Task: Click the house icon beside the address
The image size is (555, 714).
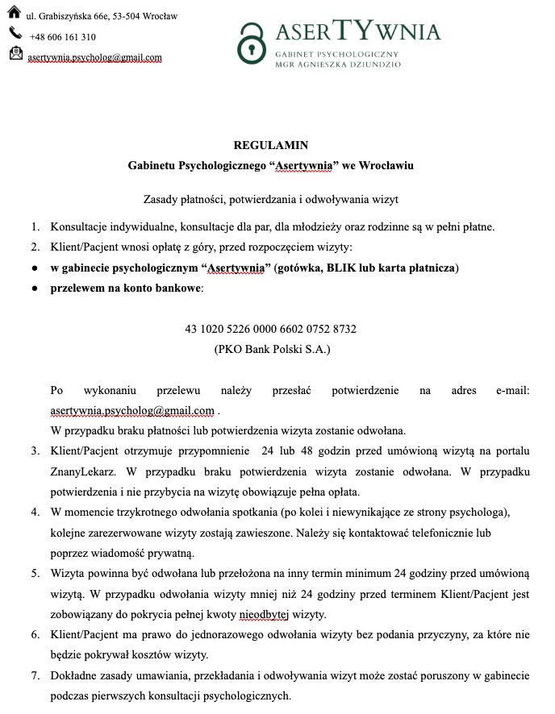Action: [x=15, y=14]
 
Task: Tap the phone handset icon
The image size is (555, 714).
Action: [x=15, y=34]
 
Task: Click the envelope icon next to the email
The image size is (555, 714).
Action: [x=15, y=54]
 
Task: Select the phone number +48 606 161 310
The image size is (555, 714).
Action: [x=62, y=37]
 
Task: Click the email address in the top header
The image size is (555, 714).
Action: [x=94, y=57]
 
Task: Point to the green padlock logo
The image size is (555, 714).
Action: [x=252, y=43]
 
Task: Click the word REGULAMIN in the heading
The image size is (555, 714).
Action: [x=270, y=146]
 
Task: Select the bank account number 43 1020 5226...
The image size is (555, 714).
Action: [x=270, y=330]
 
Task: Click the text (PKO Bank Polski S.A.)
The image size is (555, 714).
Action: [x=272, y=350]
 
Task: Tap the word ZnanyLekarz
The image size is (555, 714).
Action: [x=79, y=471]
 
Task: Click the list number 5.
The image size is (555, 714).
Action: [x=35, y=574]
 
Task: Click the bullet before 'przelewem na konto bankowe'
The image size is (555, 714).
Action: [x=35, y=289]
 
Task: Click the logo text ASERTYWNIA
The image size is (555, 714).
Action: [x=358, y=33]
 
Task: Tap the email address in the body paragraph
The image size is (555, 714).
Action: [x=132, y=411]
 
